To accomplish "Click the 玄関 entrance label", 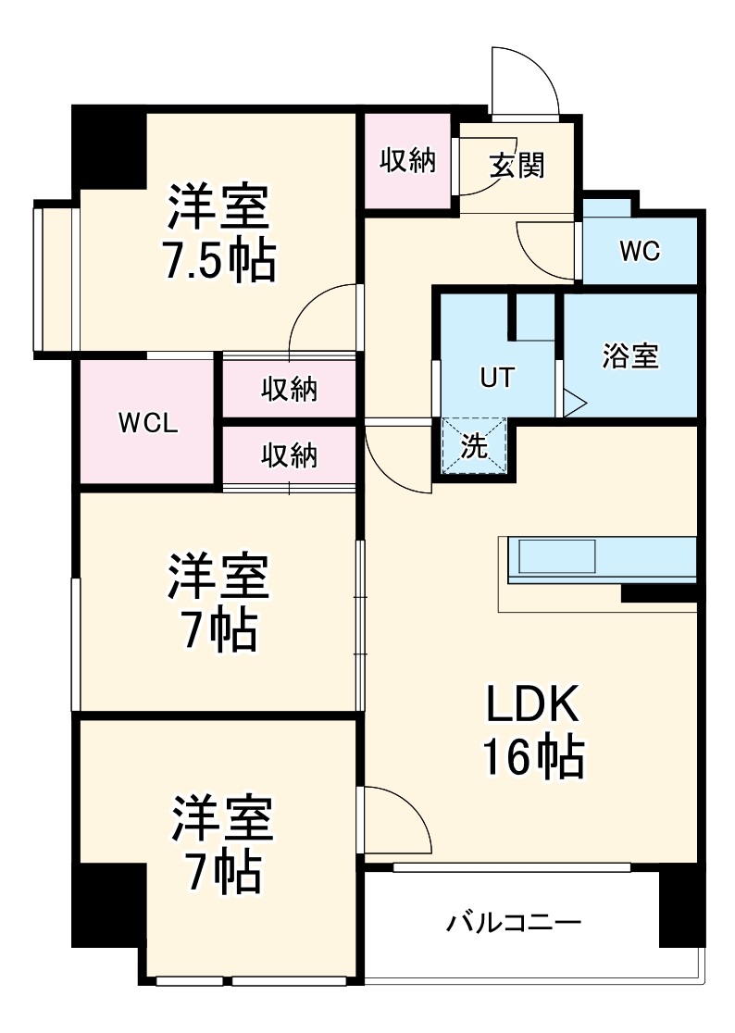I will click(517, 166).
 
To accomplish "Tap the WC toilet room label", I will click(640, 252).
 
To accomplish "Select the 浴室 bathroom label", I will click(630, 356).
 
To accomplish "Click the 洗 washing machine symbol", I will click(474, 446).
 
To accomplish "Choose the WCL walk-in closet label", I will click(148, 423).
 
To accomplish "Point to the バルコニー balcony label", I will click(514, 923).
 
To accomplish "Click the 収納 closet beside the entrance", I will click(408, 160).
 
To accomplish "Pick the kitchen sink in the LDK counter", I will click(557, 558).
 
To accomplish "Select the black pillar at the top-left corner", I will click(109, 144).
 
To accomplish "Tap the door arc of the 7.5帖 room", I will click(322, 319).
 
